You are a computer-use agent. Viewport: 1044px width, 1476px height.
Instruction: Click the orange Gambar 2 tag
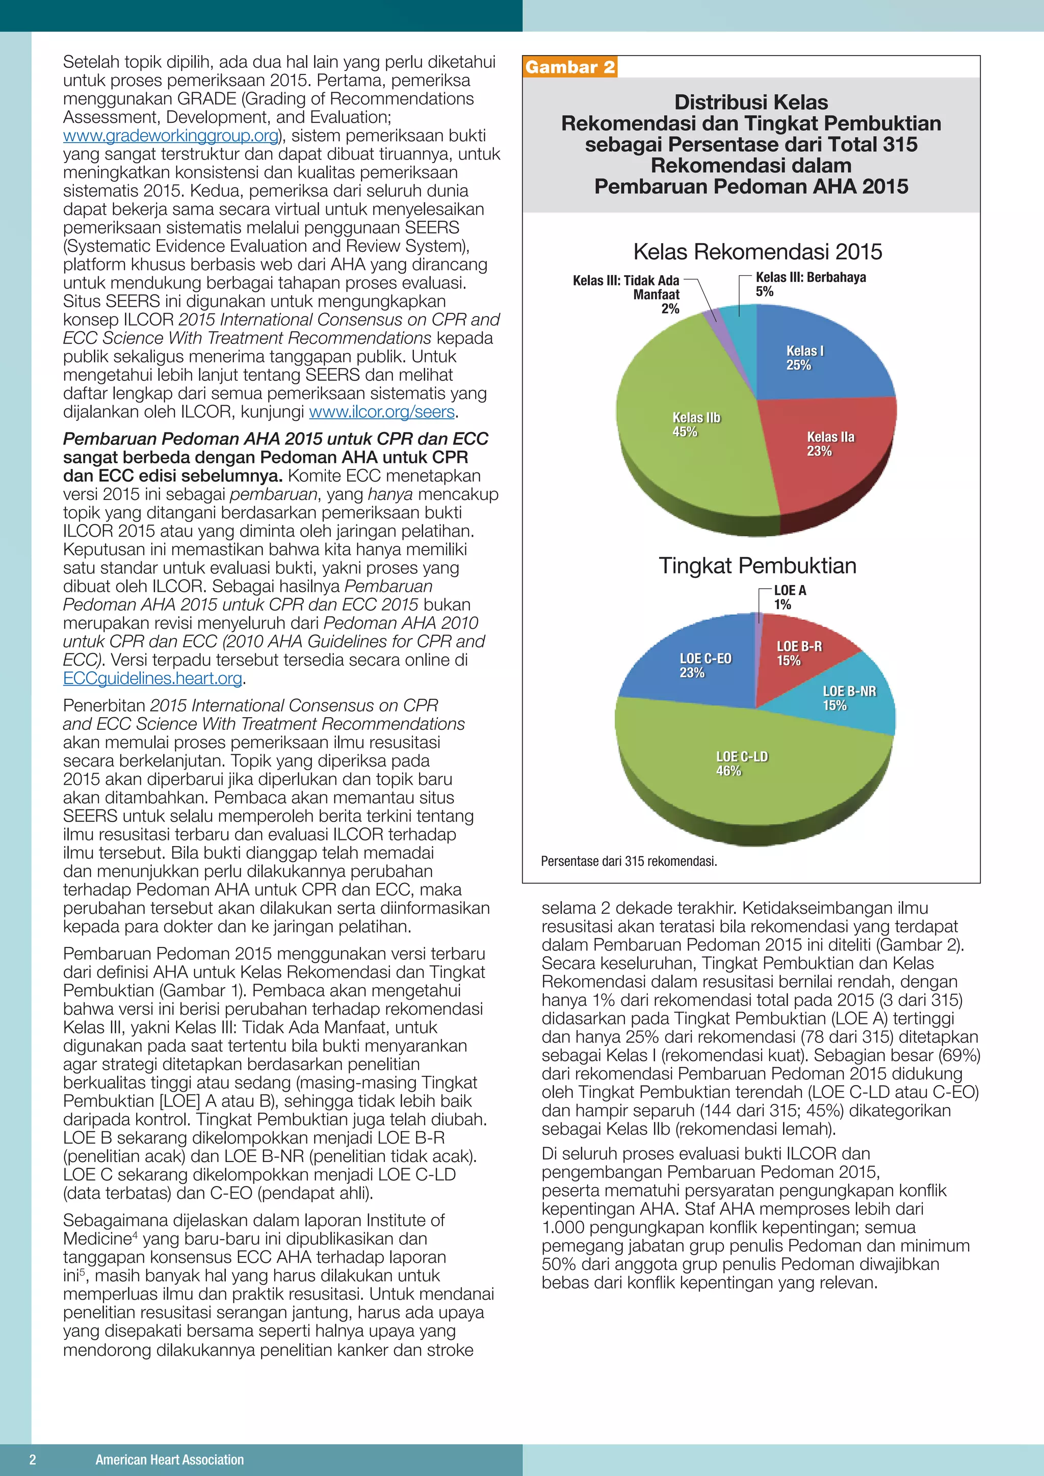tap(569, 67)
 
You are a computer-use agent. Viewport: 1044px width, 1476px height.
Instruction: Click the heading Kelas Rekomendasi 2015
tap(758, 251)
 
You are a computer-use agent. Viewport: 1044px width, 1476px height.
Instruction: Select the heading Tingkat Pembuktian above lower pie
tap(758, 566)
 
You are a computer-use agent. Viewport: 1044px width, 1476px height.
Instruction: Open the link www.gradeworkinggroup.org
tap(170, 136)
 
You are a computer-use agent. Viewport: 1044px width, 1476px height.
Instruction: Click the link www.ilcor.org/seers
tap(382, 412)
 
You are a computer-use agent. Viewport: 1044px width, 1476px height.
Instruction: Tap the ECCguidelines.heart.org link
tap(152, 678)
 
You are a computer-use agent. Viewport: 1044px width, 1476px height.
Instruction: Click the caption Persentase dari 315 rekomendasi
tap(628, 861)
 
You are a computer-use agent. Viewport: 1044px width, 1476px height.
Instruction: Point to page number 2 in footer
tap(33, 1459)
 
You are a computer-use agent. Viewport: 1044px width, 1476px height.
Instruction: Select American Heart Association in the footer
tap(170, 1459)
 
